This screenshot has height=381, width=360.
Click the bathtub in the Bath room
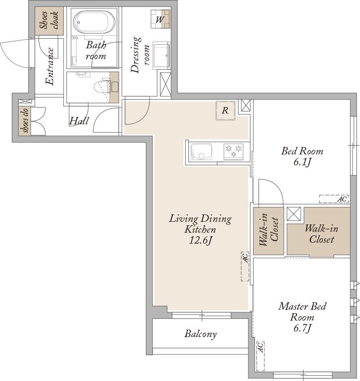(x=93, y=21)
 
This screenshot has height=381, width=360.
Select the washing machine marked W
(x=160, y=19)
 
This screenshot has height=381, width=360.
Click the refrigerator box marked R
(x=225, y=110)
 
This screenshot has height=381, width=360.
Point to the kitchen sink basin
(x=201, y=152)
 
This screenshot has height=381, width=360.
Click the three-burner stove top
(x=233, y=152)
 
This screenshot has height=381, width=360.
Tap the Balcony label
(x=200, y=334)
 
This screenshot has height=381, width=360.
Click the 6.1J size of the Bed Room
(x=302, y=162)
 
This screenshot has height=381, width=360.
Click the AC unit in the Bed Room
(x=334, y=199)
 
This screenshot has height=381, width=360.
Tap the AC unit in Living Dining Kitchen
(x=245, y=266)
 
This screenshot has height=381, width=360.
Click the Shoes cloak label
(x=49, y=20)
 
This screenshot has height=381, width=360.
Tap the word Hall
(x=79, y=121)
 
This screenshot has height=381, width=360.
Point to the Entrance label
(x=50, y=66)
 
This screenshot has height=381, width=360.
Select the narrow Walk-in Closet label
(x=269, y=229)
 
